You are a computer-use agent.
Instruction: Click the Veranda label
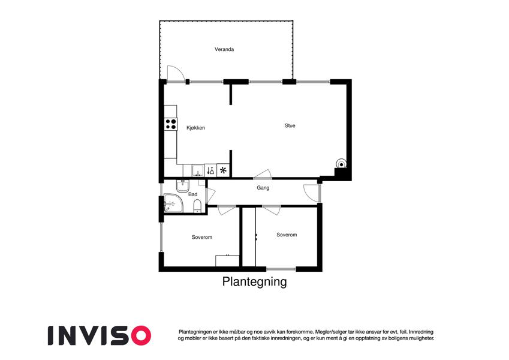(x=224, y=49)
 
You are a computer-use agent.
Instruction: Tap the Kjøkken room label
(x=195, y=128)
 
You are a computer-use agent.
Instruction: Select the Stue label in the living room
(x=290, y=125)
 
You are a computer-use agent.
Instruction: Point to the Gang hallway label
(x=263, y=187)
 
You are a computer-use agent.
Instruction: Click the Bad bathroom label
(x=192, y=194)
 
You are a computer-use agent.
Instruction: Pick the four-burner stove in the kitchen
(x=171, y=124)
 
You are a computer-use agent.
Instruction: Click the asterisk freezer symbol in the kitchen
(x=223, y=170)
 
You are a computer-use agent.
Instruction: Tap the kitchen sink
(x=198, y=170)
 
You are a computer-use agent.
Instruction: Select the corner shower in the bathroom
(x=173, y=203)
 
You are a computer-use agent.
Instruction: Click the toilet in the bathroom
(x=197, y=206)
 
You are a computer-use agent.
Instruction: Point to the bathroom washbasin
(x=183, y=185)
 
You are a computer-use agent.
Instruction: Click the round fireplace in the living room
(x=341, y=163)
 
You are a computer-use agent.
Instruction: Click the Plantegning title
(x=254, y=281)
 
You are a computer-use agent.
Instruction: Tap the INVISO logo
(x=100, y=335)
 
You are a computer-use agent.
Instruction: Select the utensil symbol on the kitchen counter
(x=210, y=170)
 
